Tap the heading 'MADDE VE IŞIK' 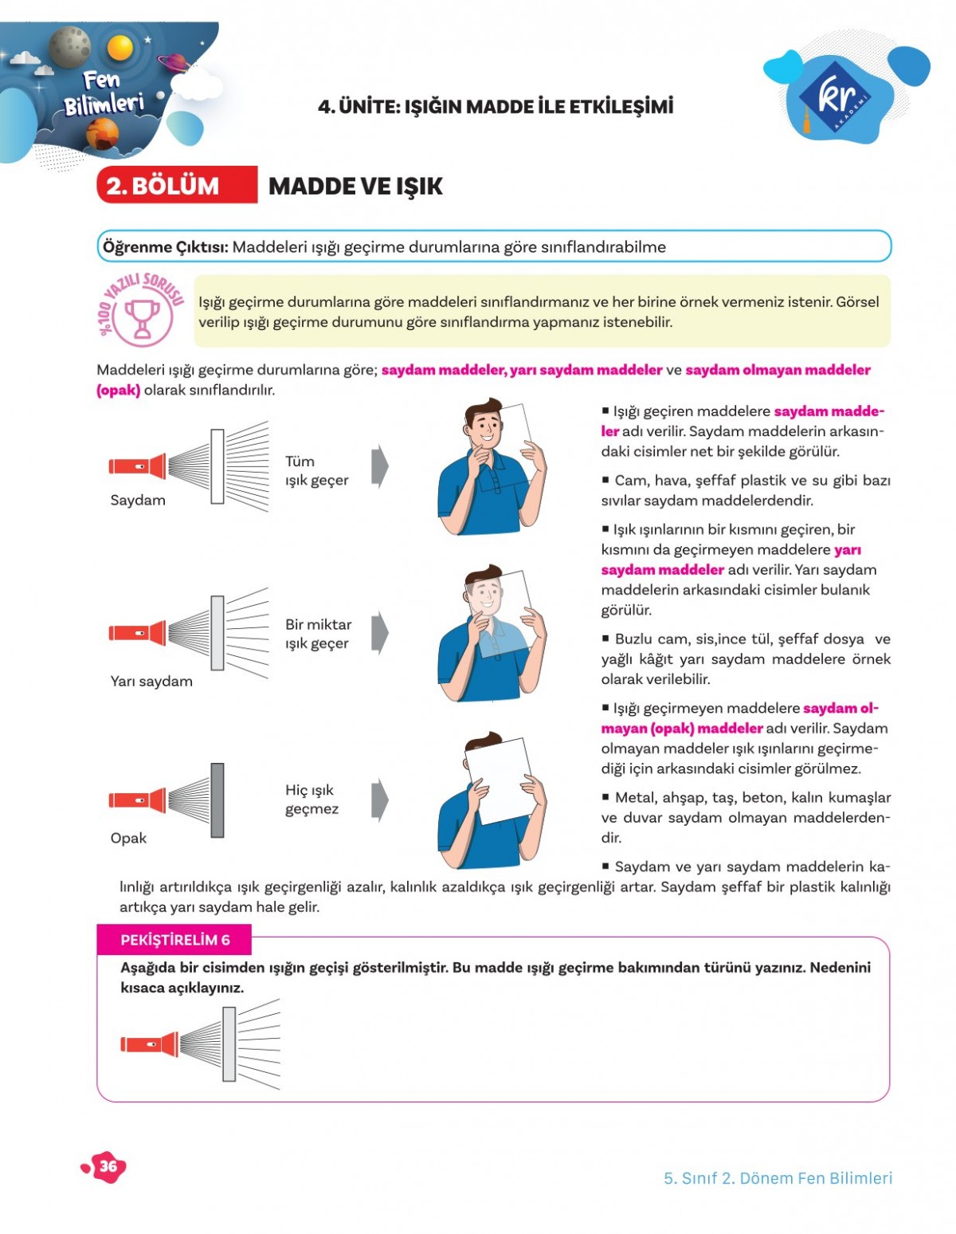pyautogui.click(x=355, y=186)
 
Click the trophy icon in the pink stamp pyautogui.click(x=143, y=317)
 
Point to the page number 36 pyautogui.click(x=107, y=1166)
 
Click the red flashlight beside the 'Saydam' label pyautogui.click(x=137, y=466)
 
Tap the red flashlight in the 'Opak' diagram pyautogui.click(x=137, y=800)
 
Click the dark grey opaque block pyautogui.click(x=217, y=800)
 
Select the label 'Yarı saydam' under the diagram pyautogui.click(x=151, y=681)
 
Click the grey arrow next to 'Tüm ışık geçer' pyautogui.click(x=380, y=466)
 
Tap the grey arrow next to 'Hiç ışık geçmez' pyautogui.click(x=380, y=799)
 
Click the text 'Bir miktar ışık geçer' pyautogui.click(x=318, y=634)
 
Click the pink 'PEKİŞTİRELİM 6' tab pyautogui.click(x=174, y=940)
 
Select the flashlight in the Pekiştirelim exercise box pyautogui.click(x=149, y=1043)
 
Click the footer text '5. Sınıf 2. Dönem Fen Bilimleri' pyautogui.click(x=778, y=1177)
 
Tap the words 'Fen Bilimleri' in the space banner pyautogui.click(x=104, y=92)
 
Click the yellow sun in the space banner pyautogui.click(x=120, y=48)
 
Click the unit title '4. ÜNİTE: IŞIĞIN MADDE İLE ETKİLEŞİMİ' pyautogui.click(x=495, y=106)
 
